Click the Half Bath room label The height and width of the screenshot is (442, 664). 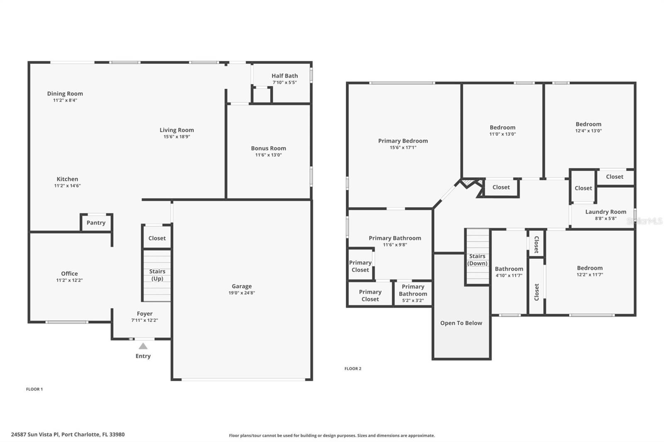pyautogui.click(x=285, y=76)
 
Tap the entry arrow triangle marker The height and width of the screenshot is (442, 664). pyautogui.click(x=143, y=346)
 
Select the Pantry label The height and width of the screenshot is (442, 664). pyautogui.click(x=96, y=223)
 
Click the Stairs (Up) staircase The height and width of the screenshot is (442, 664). pyautogui.click(x=157, y=275)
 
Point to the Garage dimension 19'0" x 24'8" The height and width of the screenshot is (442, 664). pyautogui.click(x=242, y=293)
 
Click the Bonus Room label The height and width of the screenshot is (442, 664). pyautogui.click(x=268, y=148)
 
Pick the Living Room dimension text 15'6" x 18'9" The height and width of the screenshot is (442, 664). pyautogui.click(x=177, y=137)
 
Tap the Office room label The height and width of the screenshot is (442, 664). pyautogui.click(x=69, y=274)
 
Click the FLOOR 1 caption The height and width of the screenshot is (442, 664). pyautogui.click(x=34, y=389)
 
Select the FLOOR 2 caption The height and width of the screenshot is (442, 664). pyautogui.click(x=353, y=369)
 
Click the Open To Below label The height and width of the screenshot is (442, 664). pyautogui.click(x=461, y=323)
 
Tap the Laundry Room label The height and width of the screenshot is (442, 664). pyautogui.click(x=605, y=212)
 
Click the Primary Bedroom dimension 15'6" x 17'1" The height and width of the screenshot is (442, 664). pyautogui.click(x=403, y=148)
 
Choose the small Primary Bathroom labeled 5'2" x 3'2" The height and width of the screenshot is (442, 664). pyautogui.click(x=413, y=293)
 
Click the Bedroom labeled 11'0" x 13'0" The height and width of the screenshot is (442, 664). pyautogui.click(x=502, y=130)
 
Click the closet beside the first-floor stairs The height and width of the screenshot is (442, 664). pyautogui.click(x=157, y=238)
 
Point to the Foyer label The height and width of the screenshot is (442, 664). pyautogui.click(x=144, y=314)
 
